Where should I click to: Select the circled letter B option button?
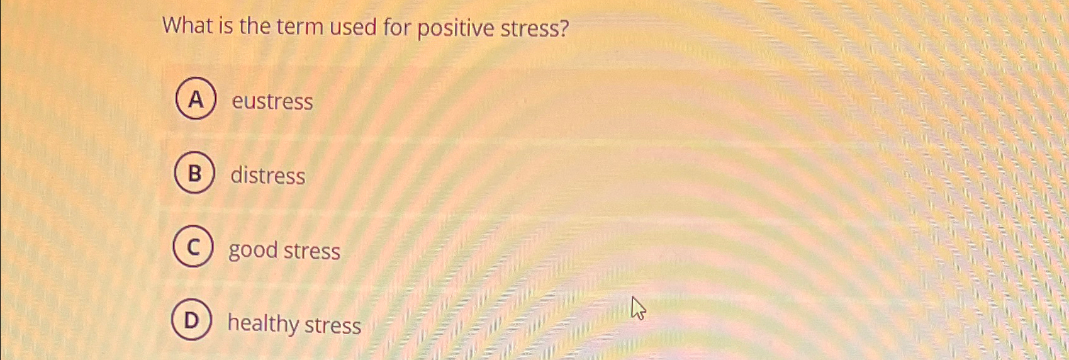194,172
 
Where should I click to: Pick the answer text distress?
268,175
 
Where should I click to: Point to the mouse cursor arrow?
639,308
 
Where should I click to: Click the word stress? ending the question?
535,29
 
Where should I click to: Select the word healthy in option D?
263,323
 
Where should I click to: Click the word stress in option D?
333,325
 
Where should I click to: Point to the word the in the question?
255,26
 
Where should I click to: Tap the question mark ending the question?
564,29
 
